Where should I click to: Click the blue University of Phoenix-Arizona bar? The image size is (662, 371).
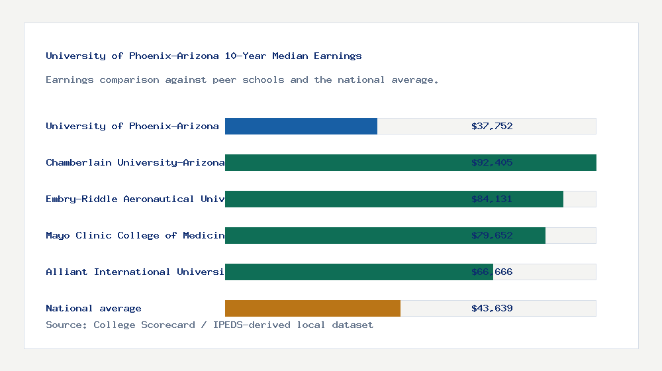tap(301, 126)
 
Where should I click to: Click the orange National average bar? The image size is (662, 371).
tap(312, 308)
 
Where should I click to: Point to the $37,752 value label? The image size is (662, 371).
tap(492, 126)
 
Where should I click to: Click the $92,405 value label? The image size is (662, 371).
tap(492, 162)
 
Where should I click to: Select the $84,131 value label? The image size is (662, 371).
tap(492, 199)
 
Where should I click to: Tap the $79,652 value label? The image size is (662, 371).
tap(492, 235)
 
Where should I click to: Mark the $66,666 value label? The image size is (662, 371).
tap(492, 272)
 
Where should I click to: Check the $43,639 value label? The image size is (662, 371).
tap(492, 308)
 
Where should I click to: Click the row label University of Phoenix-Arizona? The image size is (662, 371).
tap(132, 126)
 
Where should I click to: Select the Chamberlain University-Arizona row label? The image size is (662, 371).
tap(135, 162)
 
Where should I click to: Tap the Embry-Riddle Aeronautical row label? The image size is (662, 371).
tap(135, 199)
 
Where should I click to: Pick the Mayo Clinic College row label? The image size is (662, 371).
tap(135, 235)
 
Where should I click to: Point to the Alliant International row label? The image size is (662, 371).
tap(135, 272)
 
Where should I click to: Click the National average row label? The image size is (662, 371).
tap(93, 308)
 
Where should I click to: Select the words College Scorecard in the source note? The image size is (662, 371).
tap(144, 325)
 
